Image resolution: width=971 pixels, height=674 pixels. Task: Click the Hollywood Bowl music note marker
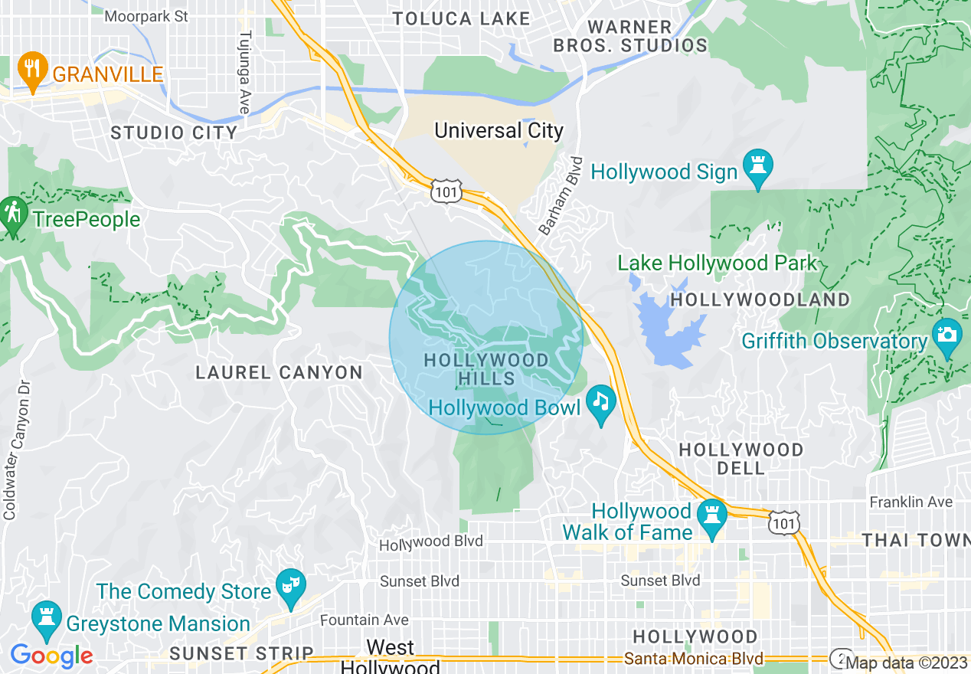pos(601,401)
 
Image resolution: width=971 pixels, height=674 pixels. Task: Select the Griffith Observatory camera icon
pos(947,335)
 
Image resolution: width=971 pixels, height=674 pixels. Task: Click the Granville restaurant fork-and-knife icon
pos(32,70)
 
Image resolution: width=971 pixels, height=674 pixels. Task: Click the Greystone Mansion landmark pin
pos(47,617)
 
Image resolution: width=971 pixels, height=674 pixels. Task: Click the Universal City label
pos(499,130)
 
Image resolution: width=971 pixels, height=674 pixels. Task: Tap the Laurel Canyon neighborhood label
pos(279,373)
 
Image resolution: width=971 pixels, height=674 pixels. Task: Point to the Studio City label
pos(175,133)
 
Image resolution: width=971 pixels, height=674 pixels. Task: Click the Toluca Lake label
pos(461,18)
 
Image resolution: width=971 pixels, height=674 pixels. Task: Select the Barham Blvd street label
pos(561,195)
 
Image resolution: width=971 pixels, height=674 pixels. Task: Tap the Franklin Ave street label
pos(911,502)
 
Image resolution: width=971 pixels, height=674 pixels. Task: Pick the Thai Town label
pos(916,540)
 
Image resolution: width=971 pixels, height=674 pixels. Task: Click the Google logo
pos(51,656)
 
